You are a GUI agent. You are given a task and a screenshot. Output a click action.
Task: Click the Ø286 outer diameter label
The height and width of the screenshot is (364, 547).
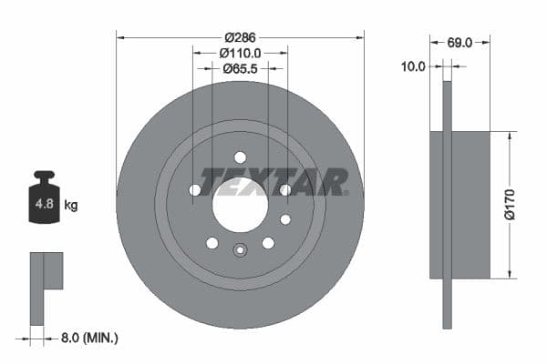[x=240, y=37]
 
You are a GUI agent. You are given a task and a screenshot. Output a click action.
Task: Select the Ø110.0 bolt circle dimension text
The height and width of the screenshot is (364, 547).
[x=240, y=54]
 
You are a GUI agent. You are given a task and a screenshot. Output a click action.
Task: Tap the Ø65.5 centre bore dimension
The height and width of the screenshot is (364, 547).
[x=240, y=69]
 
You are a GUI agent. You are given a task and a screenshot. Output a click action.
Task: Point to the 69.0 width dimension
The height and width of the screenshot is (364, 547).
[x=459, y=42]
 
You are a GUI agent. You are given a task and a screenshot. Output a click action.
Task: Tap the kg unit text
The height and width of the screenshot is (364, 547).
[x=71, y=206]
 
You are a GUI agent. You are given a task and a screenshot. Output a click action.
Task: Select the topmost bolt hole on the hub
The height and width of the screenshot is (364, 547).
[x=240, y=157]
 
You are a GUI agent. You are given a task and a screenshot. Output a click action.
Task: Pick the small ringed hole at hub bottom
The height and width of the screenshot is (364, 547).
[x=240, y=251]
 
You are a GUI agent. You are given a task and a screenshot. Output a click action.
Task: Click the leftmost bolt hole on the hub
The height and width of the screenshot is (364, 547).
[x=195, y=189]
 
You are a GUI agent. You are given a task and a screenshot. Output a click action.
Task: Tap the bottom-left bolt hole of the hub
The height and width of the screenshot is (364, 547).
[x=212, y=243]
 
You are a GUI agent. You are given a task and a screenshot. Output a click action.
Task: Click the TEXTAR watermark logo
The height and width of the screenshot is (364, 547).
[x=273, y=182]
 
